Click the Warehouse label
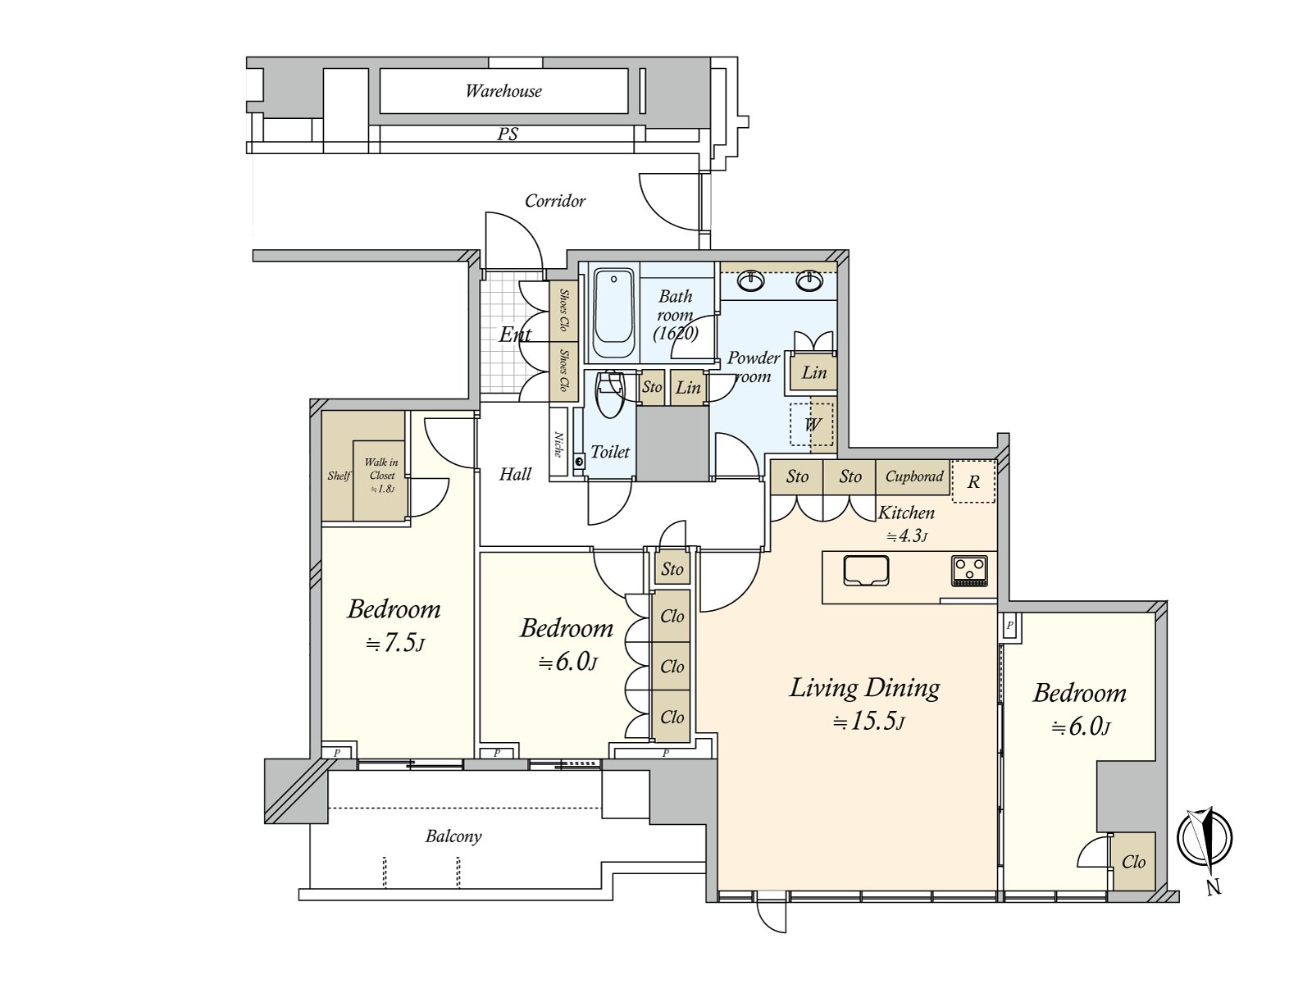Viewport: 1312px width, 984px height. [503, 91]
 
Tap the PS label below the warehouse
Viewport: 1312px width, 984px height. [508, 134]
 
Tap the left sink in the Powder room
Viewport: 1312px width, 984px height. [751, 281]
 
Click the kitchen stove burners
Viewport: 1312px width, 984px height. [969, 570]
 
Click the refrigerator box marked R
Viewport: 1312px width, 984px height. [973, 481]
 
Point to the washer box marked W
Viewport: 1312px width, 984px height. [812, 425]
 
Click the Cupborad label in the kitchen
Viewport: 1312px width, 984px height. [914, 476]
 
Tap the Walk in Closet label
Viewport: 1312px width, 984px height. [381, 470]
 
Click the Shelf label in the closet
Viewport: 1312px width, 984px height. [338, 476]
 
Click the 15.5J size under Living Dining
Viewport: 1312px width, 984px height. [868, 722]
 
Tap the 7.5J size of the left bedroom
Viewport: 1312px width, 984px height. [394, 643]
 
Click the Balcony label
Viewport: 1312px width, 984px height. [453, 836]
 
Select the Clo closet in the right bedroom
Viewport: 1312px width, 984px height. [1133, 862]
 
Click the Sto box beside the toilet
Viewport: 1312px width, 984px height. [652, 387]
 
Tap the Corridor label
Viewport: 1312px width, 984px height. [555, 201]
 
